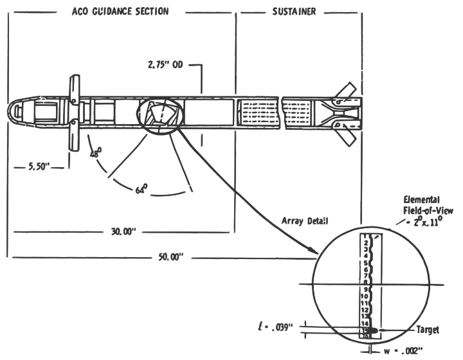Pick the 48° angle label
tap(95, 154)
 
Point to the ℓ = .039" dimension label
tap(275, 327)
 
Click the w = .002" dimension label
tap(402, 351)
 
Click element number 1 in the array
tap(365, 237)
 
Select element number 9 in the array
tap(365, 290)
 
